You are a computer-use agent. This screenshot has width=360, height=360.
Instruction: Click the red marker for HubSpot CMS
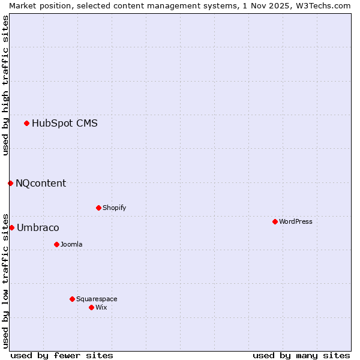(x=26, y=124)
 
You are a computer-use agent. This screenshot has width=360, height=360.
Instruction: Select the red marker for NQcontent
(x=10, y=183)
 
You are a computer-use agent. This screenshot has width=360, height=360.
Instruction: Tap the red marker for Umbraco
(x=11, y=228)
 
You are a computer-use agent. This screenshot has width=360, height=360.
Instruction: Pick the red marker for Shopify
(x=98, y=208)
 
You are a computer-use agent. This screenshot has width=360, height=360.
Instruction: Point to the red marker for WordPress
(x=275, y=222)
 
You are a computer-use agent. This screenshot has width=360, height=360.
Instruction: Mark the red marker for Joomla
(x=56, y=245)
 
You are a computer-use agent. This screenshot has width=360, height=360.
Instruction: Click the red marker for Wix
(x=91, y=308)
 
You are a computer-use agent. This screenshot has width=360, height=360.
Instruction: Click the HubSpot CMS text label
(x=65, y=124)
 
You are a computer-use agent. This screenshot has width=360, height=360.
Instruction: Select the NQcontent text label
(x=41, y=184)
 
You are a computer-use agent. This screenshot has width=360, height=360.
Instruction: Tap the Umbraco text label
(x=38, y=228)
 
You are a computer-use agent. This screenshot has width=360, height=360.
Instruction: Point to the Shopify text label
(x=114, y=208)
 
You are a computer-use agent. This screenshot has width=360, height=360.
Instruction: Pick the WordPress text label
(x=295, y=222)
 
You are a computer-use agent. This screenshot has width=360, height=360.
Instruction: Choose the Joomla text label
(x=71, y=245)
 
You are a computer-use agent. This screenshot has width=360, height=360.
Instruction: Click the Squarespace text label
(x=97, y=299)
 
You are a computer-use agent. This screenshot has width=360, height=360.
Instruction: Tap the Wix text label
(x=101, y=308)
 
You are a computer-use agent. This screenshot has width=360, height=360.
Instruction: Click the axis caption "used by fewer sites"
(x=62, y=355)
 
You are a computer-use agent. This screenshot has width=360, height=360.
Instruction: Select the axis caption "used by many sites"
(x=301, y=355)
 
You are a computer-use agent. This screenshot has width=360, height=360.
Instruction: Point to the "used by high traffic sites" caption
(x=5, y=85)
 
